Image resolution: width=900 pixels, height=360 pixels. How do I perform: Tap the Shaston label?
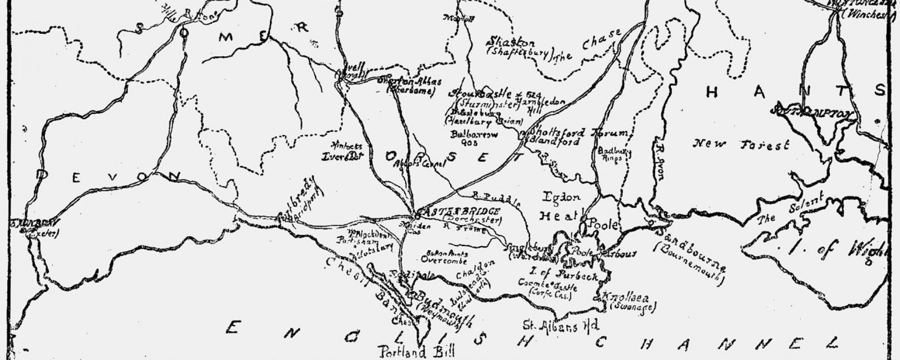point(511,43)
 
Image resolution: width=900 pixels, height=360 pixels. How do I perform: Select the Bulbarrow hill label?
point(468,135)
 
